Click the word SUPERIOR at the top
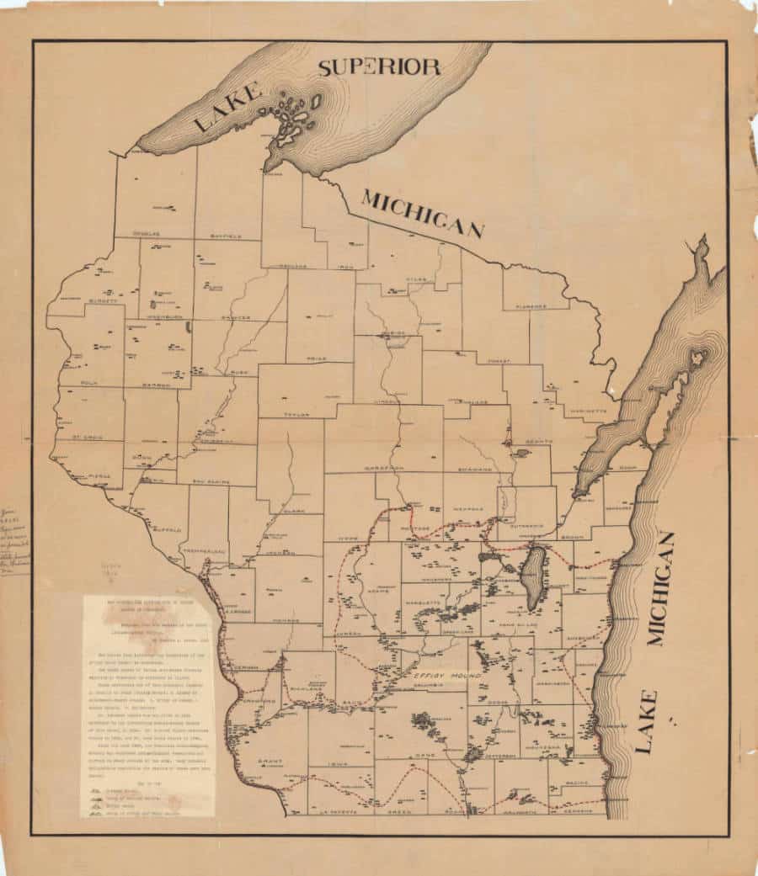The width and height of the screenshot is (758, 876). tap(379, 67)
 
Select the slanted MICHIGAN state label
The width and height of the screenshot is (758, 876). tap(422, 214)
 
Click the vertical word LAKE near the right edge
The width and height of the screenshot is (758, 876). tap(646, 720)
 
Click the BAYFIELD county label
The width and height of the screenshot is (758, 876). tap(225, 236)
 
